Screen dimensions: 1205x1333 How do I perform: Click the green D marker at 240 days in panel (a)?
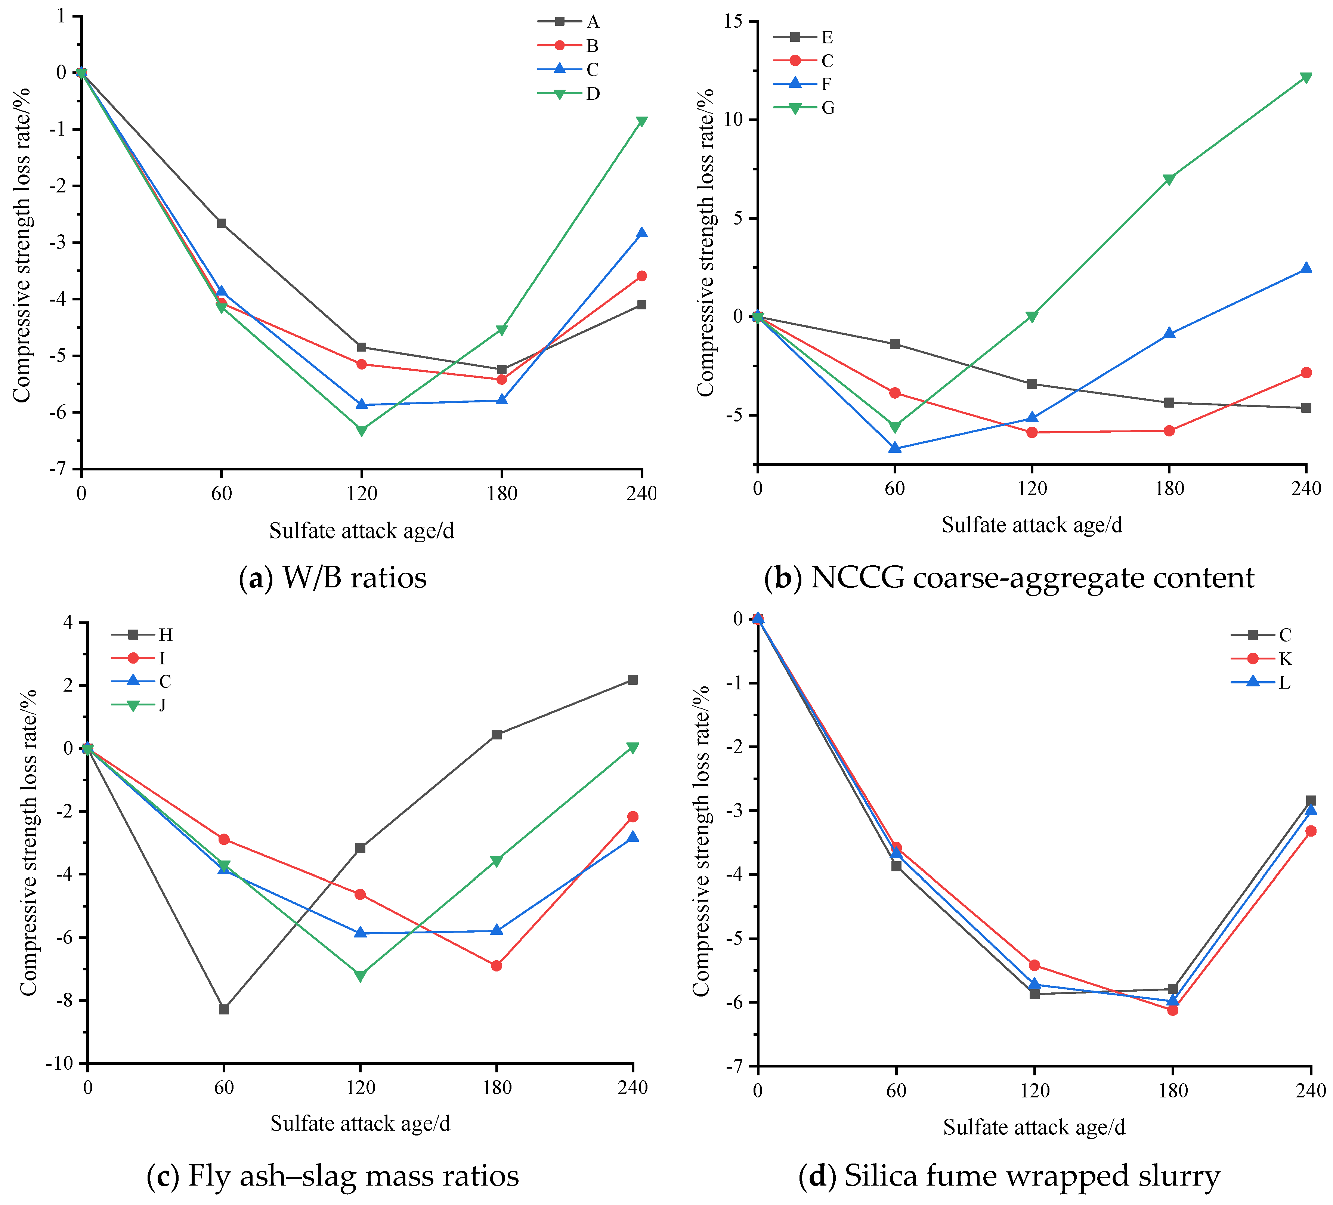pos(641,122)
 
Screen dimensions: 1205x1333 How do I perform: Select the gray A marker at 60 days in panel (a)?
pos(222,223)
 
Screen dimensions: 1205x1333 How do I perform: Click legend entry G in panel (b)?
pos(827,108)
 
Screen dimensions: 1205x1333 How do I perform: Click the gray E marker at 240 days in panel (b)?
pos(1306,408)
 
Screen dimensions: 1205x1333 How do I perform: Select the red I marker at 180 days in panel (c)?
pos(497,965)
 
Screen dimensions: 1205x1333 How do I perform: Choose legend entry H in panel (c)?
pos(165,635)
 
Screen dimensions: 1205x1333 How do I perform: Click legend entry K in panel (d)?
pos(1285,659)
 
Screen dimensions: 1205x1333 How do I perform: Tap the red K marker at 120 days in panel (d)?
pos(1034,965)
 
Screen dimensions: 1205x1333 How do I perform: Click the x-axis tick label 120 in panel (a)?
pos(362,493)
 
